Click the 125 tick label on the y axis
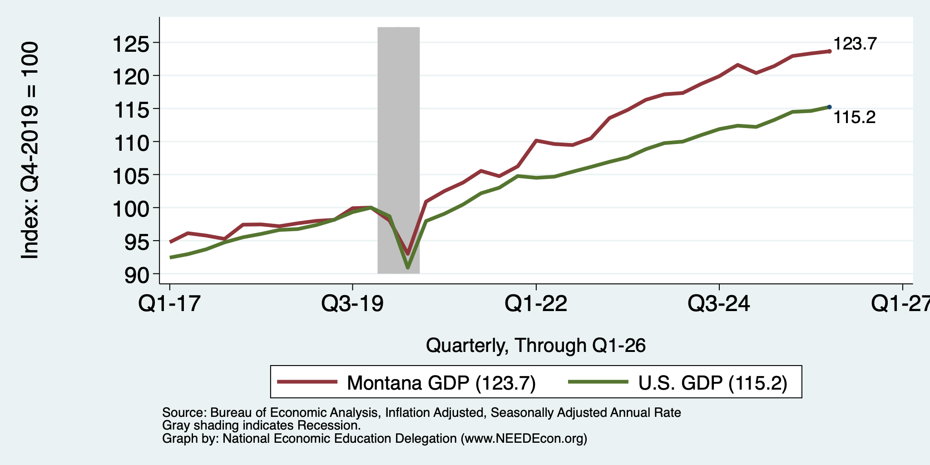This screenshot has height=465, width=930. [x=130, y=45]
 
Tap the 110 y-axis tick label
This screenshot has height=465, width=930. [x=130, y=143]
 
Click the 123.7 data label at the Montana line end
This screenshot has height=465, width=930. [x=855, y=44]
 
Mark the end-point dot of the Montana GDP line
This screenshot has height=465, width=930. [x=830, y=51]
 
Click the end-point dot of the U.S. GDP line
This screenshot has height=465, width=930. [x=830, y=107]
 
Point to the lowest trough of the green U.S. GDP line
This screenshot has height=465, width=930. [x=408, y=267]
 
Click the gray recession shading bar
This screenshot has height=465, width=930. [x=398, y=150]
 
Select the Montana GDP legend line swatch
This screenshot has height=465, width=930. [x=307, y=382]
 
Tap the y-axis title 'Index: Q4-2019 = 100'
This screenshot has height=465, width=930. [x=30, y=150]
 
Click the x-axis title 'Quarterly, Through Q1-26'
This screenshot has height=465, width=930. [x=536, y=346]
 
